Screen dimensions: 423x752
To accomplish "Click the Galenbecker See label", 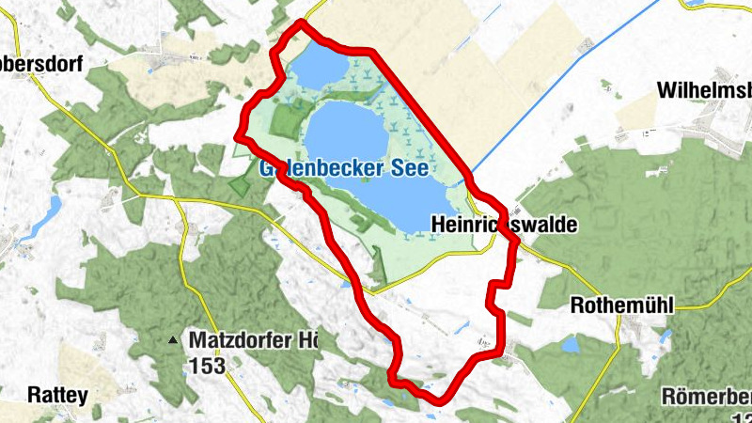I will tap(343, 169).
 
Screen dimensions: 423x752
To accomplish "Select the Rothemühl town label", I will tap(623, 305).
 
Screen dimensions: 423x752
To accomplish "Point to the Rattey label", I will tap(44, 394).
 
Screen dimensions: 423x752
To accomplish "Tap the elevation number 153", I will tap(207, 366).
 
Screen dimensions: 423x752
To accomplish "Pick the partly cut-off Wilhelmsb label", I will tap(705, 91).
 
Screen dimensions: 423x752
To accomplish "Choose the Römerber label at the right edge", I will tap(707, 395).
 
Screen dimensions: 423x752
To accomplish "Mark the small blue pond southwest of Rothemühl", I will tap(571, 345).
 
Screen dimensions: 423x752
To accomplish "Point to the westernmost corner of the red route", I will tap(236, 138).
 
